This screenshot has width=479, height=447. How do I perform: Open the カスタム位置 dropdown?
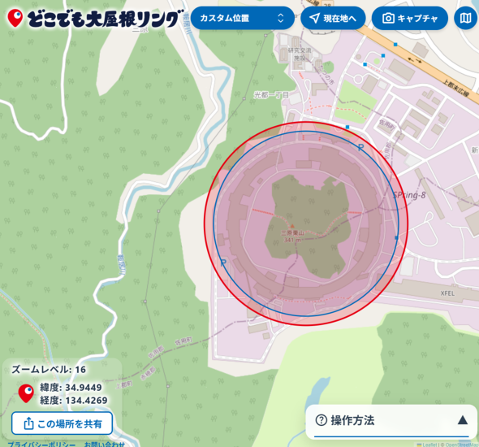tap(242, 18)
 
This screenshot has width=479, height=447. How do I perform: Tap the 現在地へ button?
tap(333, 18)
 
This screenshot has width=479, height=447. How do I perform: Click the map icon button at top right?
tap(465, 18)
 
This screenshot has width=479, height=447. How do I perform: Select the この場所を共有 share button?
tap(62, 423)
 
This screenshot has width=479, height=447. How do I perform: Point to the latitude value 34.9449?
tap(82, 387)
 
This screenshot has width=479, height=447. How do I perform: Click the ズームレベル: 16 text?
tap(49, 370)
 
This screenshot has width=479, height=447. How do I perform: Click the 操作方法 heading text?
tap(352, 420)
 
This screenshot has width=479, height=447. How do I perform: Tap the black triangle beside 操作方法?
tap(462, 420)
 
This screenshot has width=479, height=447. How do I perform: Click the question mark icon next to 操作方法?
tap(321, 420)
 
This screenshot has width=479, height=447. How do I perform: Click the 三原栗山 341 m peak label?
tap(294, 234)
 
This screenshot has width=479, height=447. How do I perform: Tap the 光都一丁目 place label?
tap(270, 95)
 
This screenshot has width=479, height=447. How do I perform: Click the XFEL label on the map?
tap(447, 293)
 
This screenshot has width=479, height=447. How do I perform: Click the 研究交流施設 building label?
tap(300, 54)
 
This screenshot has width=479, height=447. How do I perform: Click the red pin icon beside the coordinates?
tap(26, 393)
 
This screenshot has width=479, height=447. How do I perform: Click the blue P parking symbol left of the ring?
tap(222, 263)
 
